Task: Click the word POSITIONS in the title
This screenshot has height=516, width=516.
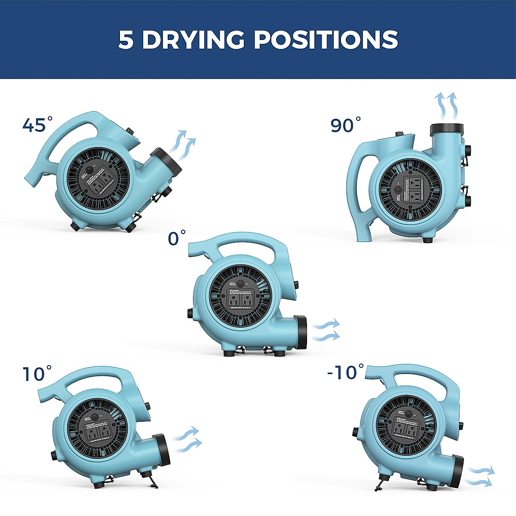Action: pos(326,40)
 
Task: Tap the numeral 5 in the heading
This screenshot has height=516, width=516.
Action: pos(126,40)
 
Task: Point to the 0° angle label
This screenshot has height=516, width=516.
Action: pos(176,238)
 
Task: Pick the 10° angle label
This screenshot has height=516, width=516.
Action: pos(37,373)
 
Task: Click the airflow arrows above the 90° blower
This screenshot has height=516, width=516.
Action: pos(445,106)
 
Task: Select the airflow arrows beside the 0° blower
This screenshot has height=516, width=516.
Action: pos(326,330)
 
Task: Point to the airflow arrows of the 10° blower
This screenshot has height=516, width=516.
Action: pos(187,439)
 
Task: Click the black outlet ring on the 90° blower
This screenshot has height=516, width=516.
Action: pos(447,128)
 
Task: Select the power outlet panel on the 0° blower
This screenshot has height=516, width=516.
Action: pos(240,300)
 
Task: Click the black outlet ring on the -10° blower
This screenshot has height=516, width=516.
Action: pos(458,472)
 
